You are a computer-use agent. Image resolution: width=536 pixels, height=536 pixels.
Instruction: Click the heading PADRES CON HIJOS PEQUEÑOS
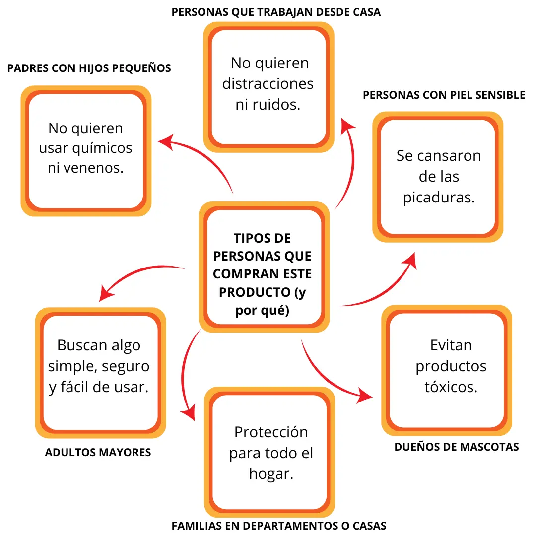point(89,68)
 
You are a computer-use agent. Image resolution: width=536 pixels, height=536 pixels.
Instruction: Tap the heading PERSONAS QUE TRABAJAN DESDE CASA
point(276,12)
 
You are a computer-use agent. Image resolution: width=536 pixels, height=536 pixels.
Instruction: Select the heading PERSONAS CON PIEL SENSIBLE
point(444,95)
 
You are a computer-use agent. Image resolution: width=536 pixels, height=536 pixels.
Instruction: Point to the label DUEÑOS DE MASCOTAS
point(457,447)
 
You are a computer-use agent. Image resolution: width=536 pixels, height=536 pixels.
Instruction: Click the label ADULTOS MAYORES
point(98,452)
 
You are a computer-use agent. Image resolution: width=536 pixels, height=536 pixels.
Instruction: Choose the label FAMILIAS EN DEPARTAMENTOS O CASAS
point(279,526)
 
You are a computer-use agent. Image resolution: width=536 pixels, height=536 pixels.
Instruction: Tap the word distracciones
point(268,83)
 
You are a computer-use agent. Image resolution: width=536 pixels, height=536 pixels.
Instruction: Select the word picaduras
point(439,198)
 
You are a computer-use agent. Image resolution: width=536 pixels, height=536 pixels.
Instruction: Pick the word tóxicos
point(451,387)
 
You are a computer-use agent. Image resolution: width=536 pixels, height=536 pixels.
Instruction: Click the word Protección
point(271,432)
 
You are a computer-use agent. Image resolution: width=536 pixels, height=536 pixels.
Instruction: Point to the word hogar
point(271,473)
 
